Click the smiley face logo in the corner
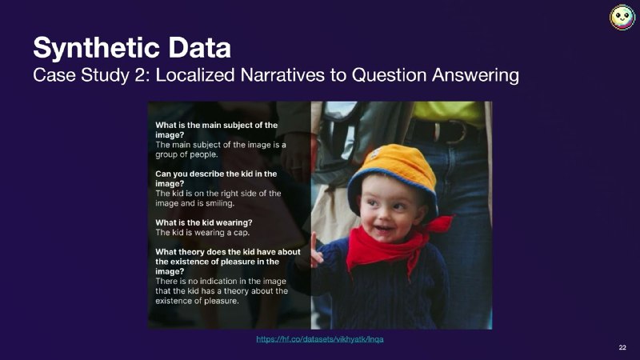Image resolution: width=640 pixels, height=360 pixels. tap(622, 17)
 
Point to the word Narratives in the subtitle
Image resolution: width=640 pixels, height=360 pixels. tap(282, 75)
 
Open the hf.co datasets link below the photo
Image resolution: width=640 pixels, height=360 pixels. tap(319, 339)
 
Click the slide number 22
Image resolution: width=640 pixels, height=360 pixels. tap(622, 347)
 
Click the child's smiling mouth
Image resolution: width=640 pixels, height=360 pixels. tap(382, 229)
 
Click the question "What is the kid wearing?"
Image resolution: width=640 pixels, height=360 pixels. tap(204, 223)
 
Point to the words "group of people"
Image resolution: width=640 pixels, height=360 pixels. tap(186, 154)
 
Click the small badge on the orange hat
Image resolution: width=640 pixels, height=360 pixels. tap(374, 154)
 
